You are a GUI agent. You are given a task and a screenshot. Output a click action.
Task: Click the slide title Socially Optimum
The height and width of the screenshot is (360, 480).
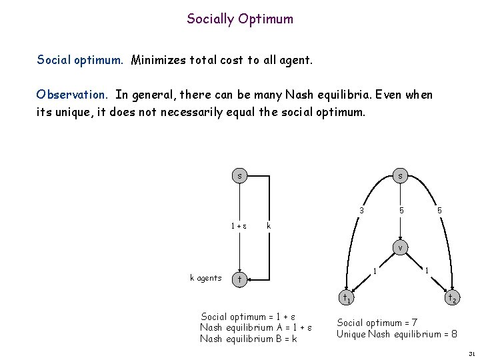tap(240, 19)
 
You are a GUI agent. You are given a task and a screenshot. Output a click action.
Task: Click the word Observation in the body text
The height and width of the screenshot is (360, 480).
tap(73, 95)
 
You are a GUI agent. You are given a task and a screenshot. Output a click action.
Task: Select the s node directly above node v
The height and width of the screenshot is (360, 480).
tap(399, 176)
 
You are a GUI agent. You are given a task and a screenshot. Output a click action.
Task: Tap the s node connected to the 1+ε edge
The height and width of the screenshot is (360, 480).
tap(239, 176)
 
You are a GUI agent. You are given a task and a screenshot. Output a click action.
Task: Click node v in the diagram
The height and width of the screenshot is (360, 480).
tap(399, 248)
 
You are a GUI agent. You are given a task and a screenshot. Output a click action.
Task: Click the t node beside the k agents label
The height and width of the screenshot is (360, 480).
tap(239, 278)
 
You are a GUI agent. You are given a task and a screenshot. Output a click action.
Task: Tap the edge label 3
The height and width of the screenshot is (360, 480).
tap(361, 211)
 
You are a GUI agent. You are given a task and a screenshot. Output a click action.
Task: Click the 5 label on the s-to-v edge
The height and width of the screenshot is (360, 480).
tap(402, 211)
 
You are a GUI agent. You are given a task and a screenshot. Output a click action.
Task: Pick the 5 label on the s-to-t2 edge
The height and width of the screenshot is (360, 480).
tap(439, 211)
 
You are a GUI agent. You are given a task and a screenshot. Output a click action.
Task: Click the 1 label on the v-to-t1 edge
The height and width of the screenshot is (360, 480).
tap(375, 271)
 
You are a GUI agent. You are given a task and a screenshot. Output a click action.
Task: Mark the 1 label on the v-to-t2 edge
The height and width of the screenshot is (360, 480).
tap(427, 271)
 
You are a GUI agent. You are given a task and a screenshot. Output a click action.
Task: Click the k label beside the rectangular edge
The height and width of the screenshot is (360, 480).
tap(269, 226)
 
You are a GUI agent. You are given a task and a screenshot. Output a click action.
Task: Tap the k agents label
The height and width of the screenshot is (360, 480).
tap(205, 278)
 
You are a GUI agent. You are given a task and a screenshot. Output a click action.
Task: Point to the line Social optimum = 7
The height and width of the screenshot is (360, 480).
tap(377, 323)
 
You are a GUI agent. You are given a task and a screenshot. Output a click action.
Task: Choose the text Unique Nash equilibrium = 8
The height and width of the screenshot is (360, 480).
tap(397, 334)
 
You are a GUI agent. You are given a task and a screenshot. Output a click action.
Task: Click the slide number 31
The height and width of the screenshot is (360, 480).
tap(471, 354)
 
